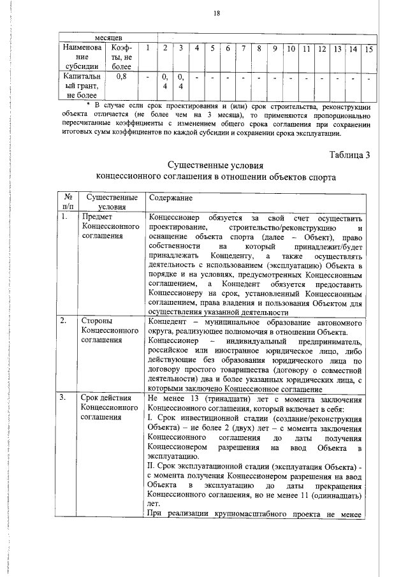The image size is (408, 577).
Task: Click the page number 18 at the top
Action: [216, 14]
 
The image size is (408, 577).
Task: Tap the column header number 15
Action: [368, 49]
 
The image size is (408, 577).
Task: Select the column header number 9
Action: [275, 49]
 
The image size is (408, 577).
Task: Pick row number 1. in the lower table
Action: [63, 217]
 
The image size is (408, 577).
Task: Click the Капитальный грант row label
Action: [79, 85]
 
